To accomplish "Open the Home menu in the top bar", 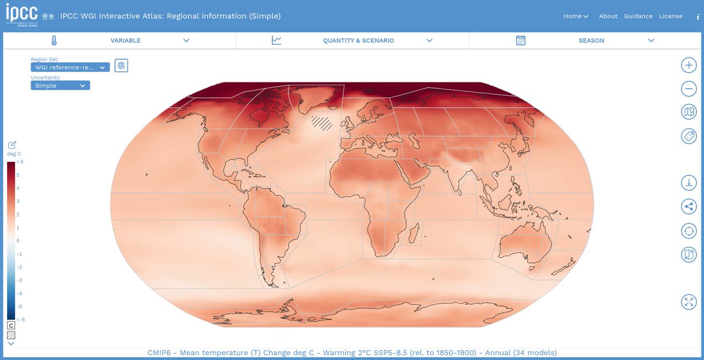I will pyautogui.click(x=576, y=16).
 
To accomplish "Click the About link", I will pyautogui.click(x=608, y=16).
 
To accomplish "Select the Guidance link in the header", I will pyautogui.click(x=638, y=16).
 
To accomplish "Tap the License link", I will pyautogui.click(x=671, y=16).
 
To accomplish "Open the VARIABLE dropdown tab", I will pyautogui.click(x=126, y=40).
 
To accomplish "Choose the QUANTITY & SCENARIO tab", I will pyautogui.click(x=358, y=40).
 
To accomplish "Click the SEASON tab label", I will pyautogui.click(x=591, y=40).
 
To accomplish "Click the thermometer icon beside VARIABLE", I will pyautogui.click(x=54, y=40).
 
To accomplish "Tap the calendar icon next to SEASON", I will pyautogui.click(x=520, y=40).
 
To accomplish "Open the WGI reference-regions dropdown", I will pyautogui.click(x=70, y=67).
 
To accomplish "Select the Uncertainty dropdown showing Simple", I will pyautogui.click(x=60, y=86).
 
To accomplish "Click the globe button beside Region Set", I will pyautogui.click(x=121, y=66).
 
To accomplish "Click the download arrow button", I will pyautogui.click(x=689, y=182).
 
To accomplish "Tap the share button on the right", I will pyautogui.click(x=689, y=206).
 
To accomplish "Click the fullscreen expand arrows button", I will pyautogui.click(x=689, y=302).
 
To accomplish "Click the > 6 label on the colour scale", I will pyautogui.click(x=19, y=161).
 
